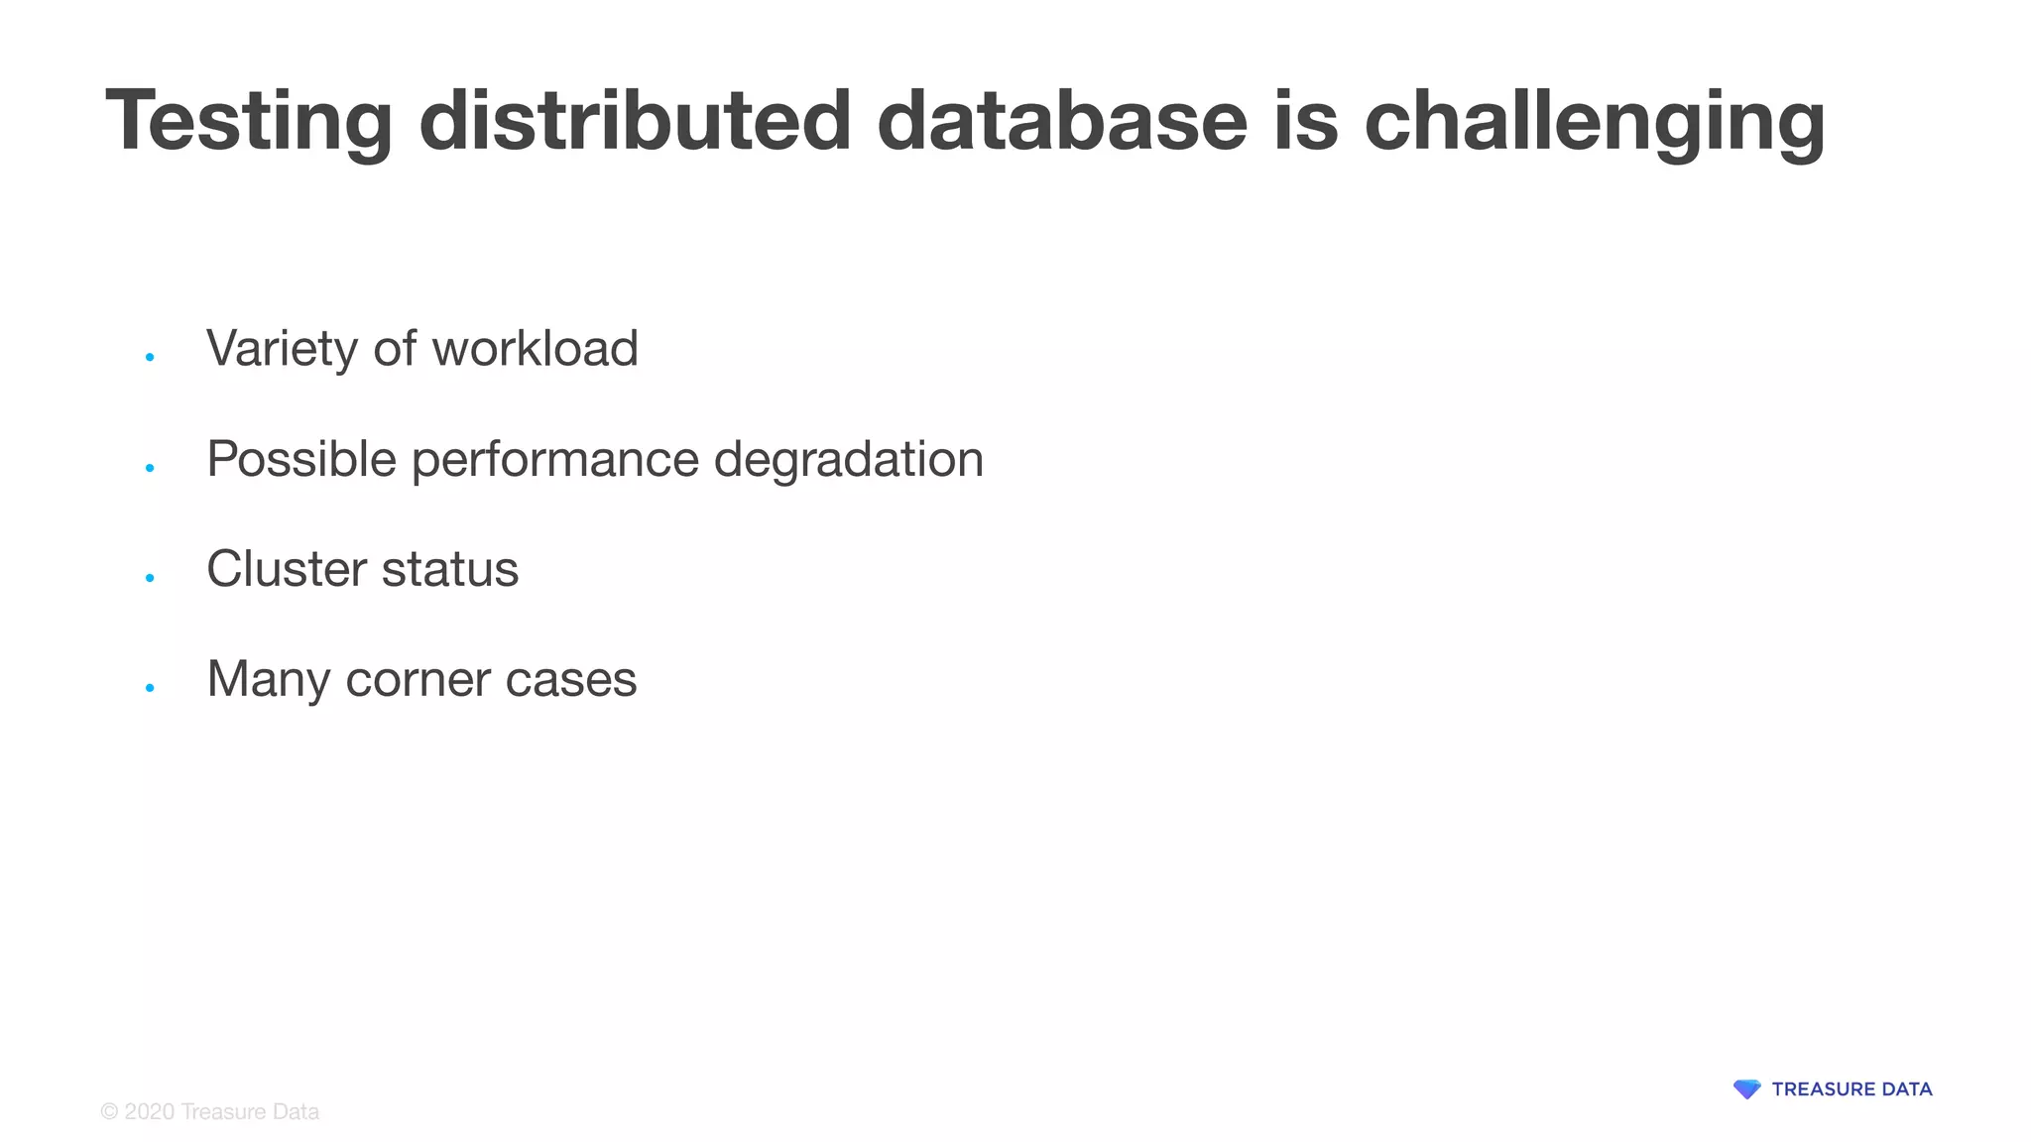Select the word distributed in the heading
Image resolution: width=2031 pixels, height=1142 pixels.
point(635,121)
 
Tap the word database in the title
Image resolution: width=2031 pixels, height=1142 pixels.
point(1061,121)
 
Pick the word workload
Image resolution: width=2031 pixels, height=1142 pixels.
point(535,349)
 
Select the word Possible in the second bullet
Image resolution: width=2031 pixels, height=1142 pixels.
point(301,459)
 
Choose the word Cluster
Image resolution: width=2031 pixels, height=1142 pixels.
point(287,569)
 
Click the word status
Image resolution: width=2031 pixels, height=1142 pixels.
point(450,569)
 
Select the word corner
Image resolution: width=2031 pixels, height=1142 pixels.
point(418,680)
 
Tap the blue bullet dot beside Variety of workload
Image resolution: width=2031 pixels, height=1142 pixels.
point(150,357)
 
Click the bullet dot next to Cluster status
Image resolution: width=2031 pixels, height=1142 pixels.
point(150,577)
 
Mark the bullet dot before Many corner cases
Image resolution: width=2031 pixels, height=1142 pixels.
point(150,687)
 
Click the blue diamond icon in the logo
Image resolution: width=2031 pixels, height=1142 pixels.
point(1746,1089)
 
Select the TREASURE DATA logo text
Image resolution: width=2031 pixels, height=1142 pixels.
point(1852,1089)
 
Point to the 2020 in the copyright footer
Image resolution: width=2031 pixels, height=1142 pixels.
point(150,1112)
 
